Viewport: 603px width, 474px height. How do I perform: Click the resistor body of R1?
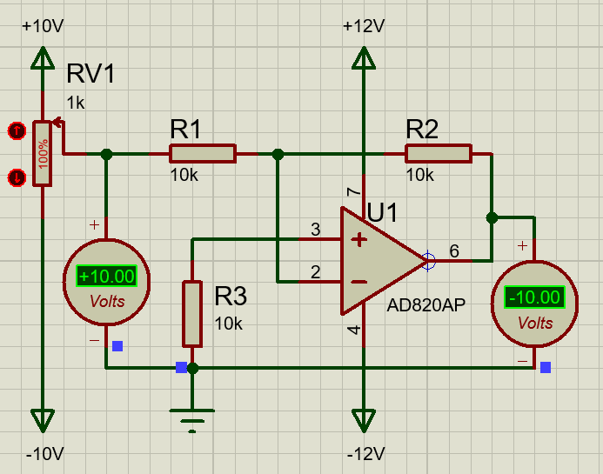click(x=202, y=154)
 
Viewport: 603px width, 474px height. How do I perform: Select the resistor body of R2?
click(x=438, y=154)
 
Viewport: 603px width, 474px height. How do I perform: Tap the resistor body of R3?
click(x=192, y=313)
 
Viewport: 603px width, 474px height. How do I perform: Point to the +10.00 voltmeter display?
click(x=106, y=277)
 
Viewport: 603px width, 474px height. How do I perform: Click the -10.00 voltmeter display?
click(x=534, y=297)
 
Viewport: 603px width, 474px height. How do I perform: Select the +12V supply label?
click(x=364, y=26)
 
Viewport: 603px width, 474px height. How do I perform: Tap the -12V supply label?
click(x=364, y=455)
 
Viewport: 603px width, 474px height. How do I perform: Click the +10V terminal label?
click(x=43, y=26)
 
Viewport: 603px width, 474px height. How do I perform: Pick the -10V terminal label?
click(x=43, y=455)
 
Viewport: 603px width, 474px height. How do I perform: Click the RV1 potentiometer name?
click(x=90, y=75)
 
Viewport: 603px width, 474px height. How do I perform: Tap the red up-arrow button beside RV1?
click(x=16, y=131)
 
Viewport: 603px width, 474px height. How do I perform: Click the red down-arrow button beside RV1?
click(x=16, y=177)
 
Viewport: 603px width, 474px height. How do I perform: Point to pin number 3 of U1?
click(x=316, y=230)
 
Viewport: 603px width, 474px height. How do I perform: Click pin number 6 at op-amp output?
click(x=453, y=251)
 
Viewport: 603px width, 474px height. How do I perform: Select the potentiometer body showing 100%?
click(x=42, y=154)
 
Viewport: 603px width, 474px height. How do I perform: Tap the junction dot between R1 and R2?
click(x=278, y=154)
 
